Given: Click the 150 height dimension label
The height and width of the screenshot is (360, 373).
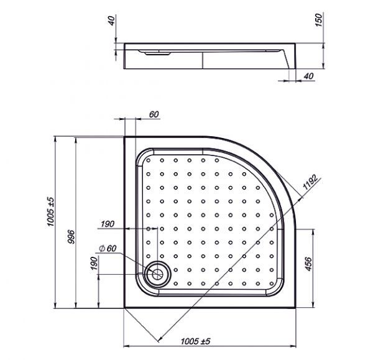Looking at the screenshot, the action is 318,20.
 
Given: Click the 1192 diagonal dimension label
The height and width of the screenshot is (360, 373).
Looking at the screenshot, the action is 310,182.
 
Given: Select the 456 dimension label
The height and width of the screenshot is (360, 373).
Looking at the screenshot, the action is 308,264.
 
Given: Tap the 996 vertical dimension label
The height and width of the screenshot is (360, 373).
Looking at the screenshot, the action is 71,237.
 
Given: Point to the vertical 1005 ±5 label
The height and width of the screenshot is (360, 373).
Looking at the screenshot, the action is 51,211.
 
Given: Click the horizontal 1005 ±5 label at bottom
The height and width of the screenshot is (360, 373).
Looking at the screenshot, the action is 196,341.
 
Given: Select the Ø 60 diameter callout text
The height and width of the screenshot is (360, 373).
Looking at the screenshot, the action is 108,249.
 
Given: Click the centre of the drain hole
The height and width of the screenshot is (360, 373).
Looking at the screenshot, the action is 157,274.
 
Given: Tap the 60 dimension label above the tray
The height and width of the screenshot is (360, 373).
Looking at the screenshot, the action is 154,114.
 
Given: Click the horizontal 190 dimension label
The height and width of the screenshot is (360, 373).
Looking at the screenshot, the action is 108,224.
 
